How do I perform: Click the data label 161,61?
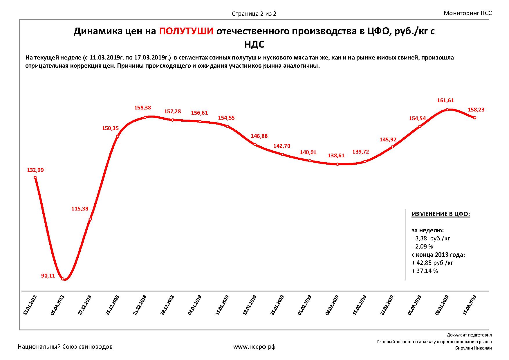[x=445, y=100]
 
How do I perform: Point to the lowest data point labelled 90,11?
[x=63, y=279]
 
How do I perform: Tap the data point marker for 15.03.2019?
[x=475, y=118]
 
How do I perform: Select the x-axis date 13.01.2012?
[x=30, y=305]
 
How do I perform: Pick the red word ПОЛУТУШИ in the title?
[x=187, y=31]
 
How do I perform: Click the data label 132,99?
[x=35, y=170]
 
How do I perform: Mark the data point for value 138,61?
[x=337, y=164]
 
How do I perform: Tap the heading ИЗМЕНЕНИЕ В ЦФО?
[x=441, y=214]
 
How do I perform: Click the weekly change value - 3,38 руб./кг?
[x=431, y=238]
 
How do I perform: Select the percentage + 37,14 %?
[x=425, y=271]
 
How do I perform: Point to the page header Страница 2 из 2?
[x=254, y=14]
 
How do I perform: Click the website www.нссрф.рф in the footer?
[x=254, y=347]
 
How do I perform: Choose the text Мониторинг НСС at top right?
[x=468, y=13]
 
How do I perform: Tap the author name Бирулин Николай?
[x=473, y=348]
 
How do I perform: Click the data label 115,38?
[x=80, y=209]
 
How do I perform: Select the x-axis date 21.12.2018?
[x=140, y=305]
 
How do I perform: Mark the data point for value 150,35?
[x=118, y=136]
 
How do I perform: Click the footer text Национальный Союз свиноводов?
[x=65, y=347]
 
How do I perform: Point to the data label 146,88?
[x=259, y=136]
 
